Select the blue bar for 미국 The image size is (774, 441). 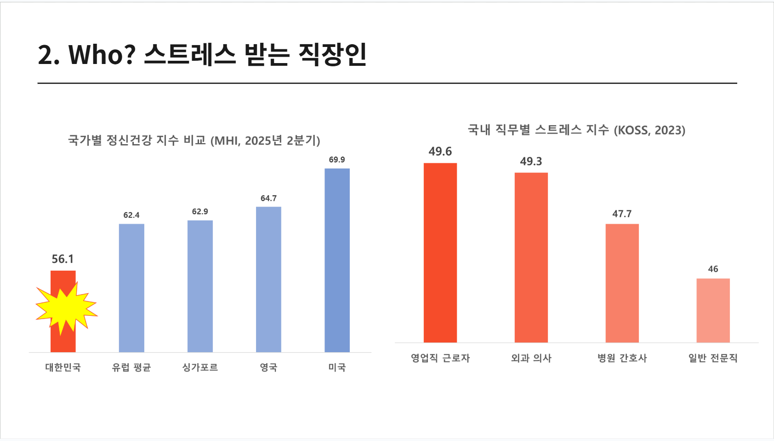pyautogui.click(x=337, y=260)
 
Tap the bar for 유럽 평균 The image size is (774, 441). pyautogui.click(x=131, y=288)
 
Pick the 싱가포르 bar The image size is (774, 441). pyautogui.click(x=200, y=286)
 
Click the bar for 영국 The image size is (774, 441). pyautogui.click(x=268, y=279)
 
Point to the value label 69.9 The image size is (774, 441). pyautogui.click(x=337, y=160)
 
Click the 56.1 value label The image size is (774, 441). pyautogui.click(x=63, y=259)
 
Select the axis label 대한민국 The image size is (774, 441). pyautogui.click(x=63, y=367)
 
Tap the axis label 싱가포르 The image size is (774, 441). pyautogui.click(x=200, y=367)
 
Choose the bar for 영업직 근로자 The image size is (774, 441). pyautogui.click(x=440, y=253)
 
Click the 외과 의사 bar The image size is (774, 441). pyautogui.click(x=531, y=257)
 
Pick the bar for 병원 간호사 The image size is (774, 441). pyautogui.click(x=622, y=283)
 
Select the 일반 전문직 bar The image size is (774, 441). pyautogui.click(x=713, y=310)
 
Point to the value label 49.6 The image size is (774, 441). pyautogui.click(x=440, y=151)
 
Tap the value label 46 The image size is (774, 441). pyautogui.click(x=713, y=269)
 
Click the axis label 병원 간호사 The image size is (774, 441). pyautogui.click(x=622, y=358)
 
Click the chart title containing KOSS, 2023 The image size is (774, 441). pyautogui.click(x=576, y=130)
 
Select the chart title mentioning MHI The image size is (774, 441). pyautogui.click(x=194, y=140)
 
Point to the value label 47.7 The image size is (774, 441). pyautogui.click(x=622, y=214)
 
